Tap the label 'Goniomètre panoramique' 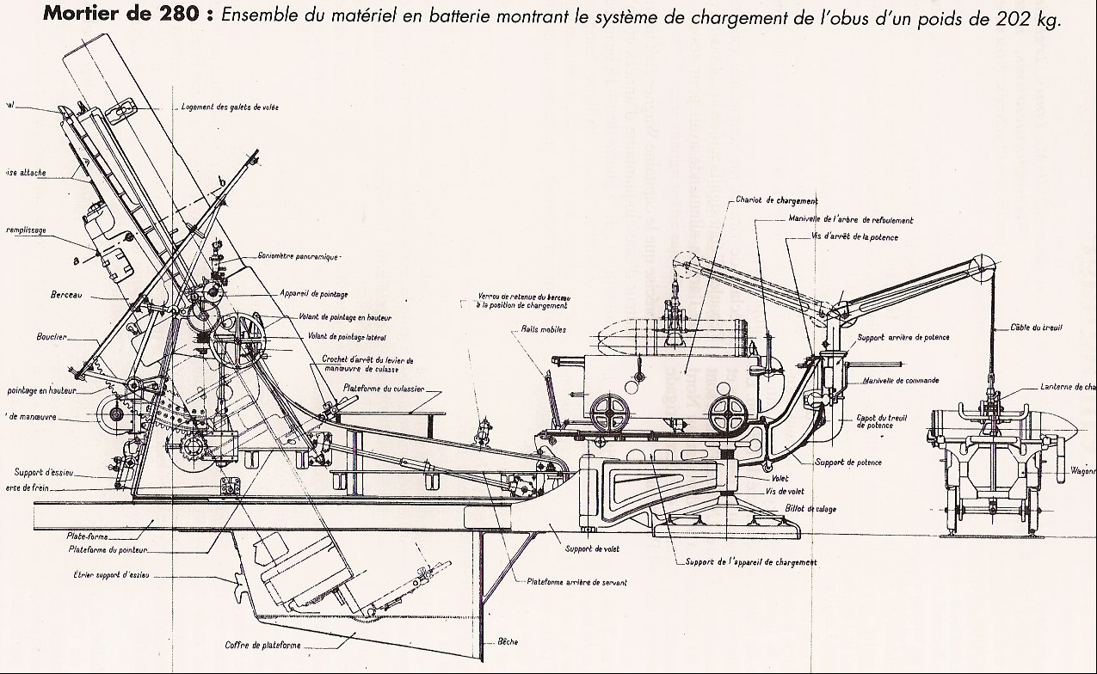click(299, 256)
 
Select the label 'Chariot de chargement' click(770, 200)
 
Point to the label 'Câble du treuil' click(1038, 328)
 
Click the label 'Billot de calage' click(810, 509)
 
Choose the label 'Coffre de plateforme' click(263, 645)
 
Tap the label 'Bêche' click(508, 641)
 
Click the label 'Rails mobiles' click(543, 329)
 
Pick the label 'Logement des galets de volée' click(230, 107)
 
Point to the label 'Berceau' click(65, 294)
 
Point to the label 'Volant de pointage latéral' click(341, 336)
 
